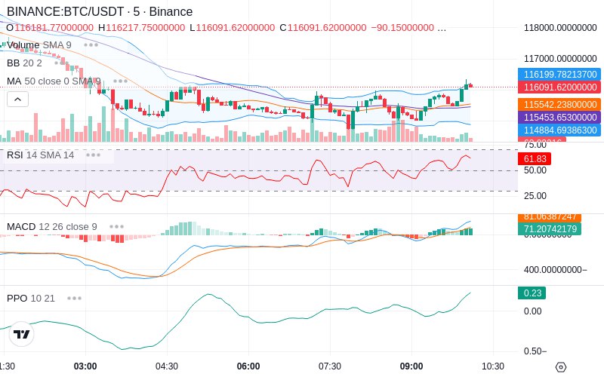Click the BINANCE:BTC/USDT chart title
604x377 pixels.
point(99,12)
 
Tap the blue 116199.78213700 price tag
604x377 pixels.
point(559,75)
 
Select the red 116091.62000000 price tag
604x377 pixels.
point(559,87)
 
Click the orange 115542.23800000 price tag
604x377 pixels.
point(559,105)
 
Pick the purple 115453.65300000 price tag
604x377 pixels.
point(559,118)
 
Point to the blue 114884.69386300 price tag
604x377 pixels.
point(559,130)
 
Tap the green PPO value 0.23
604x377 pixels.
point(531,293)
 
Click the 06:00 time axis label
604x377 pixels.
point(248,366)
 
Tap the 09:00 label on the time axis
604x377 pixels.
point(411,366)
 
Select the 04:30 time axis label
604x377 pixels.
point(167,366)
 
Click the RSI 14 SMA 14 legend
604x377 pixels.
point(41,155)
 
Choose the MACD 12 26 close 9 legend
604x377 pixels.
point(51,226)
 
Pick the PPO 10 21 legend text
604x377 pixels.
point(31,298)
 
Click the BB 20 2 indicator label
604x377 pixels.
point(24,63)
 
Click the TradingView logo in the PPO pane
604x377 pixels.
point(22,335)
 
